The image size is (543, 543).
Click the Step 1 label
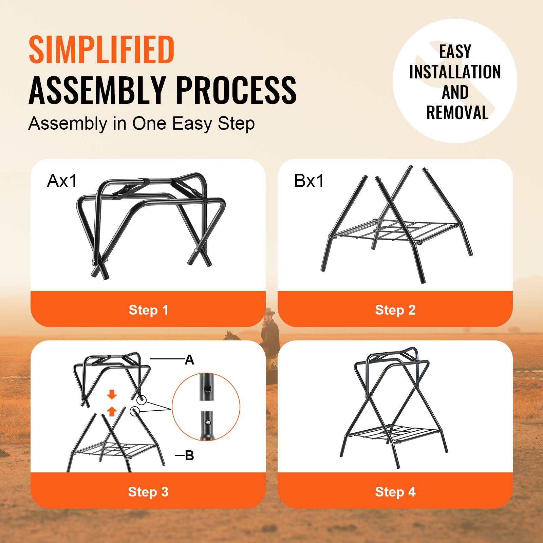pyautogui.click(x=148, y=310)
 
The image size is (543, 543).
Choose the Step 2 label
pyautogui.click(x=395, y=310)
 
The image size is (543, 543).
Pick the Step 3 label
pyautogui.click(x=148, y=492)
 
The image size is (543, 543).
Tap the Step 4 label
pyautogui.click(x=395, y=492)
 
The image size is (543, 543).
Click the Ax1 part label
pyautogui.click(x=62, y=181)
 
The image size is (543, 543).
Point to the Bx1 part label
pyautogui.click(x=309, y=181)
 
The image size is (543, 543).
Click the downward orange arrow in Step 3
pyautogui.click(x=112, y=395)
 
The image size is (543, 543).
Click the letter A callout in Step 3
pyautogui.click(x=189, y=360)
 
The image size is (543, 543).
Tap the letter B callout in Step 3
pyautogui.click(x=189, y=455)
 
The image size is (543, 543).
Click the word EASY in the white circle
pyautogui.click(x=455, y=52)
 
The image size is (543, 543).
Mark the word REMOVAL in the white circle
pyautogui.click(x=457, y=113)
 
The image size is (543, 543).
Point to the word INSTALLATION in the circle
pyautogui.click(x=455, y=72)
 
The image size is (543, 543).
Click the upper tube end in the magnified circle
pyautogui.click(x=206, y=387)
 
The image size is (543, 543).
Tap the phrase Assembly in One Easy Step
pyautogui.click(x=142, y=124)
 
